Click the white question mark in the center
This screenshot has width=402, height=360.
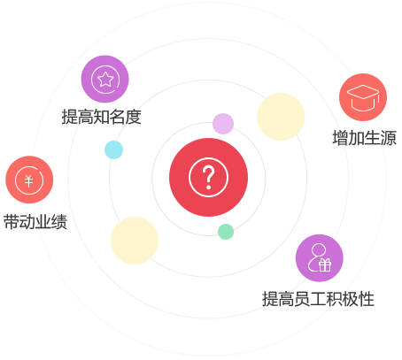(208, 176)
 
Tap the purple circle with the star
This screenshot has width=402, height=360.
(104, 79)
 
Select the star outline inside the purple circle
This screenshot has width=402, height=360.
(105, 79)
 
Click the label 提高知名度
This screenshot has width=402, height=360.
(101, 117)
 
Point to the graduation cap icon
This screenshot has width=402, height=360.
(363, 97)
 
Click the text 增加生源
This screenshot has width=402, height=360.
(364, 138)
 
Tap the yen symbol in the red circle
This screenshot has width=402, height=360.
(28, 180)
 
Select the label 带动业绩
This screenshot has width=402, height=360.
(35, 222)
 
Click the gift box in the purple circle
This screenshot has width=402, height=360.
(325, 264)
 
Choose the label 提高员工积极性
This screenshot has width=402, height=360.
(318, 299)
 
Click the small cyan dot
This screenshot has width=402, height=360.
(113, 149)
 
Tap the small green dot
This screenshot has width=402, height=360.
(226, 232)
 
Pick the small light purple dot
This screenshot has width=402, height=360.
(223, 124)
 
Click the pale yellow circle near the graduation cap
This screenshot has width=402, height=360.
(281, 117)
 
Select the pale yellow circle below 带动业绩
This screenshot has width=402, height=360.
(135, 241)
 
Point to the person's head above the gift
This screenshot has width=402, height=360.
(319, 250)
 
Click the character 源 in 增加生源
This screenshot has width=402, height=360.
(389, 138)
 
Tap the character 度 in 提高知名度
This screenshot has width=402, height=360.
(134, 117)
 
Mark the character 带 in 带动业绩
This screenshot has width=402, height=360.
(12, 222)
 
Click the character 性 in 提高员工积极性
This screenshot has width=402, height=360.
(367, 299)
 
